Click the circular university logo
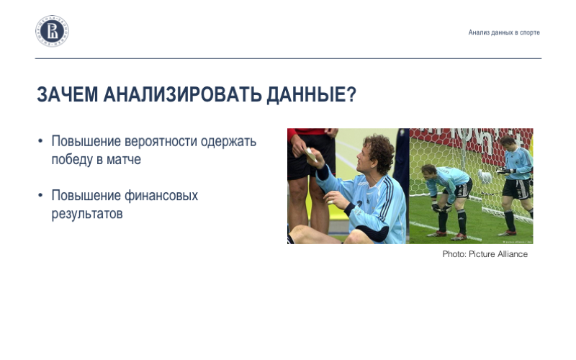53,32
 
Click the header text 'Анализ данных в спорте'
503,32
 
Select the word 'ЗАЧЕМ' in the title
68,95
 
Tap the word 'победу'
72,160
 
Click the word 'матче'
124,160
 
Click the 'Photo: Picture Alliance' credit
485,254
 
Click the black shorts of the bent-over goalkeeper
461,189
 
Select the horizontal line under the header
288,58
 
